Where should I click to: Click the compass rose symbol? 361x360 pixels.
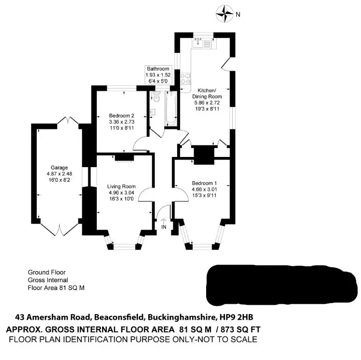coord(224,14)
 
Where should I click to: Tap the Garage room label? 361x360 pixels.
coord(60,168)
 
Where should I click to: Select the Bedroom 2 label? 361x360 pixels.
coord(121,115)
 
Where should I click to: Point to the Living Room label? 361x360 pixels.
coord(121,186)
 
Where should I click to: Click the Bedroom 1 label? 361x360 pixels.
coord(204,183)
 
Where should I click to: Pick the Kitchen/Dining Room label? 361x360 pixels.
coord(207,94)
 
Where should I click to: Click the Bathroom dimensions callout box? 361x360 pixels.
coord(158,75)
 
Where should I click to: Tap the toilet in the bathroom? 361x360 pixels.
coord(156,96)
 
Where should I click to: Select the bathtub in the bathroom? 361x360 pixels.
coord(171,109)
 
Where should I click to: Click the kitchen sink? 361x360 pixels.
coord(197,43)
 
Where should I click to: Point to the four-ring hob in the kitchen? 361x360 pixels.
coord(185,78)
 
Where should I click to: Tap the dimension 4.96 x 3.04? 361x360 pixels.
coord(121,192)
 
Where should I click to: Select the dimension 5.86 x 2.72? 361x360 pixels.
coord(207,103)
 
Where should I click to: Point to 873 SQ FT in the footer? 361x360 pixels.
coord(241,329)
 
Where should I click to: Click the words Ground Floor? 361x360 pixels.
coord(47,272)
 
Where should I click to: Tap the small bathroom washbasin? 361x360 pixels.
coord(152,112)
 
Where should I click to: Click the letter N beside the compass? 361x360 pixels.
coord(238,14)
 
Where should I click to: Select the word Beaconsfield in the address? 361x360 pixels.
coord(119,317)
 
